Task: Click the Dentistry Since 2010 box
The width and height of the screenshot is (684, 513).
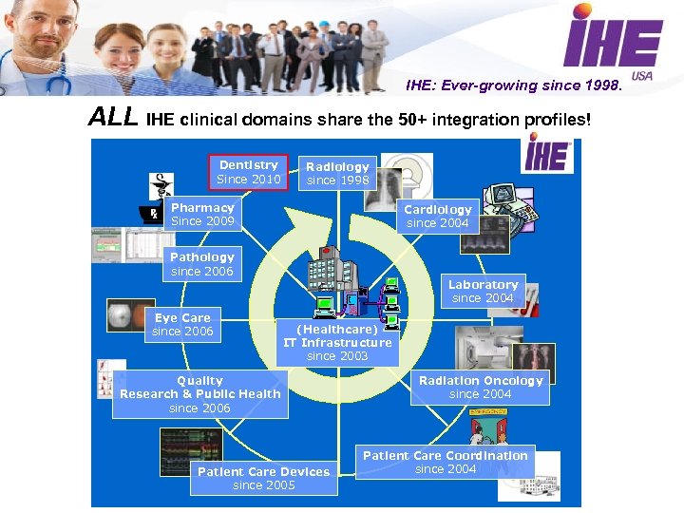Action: (x=248, y=172)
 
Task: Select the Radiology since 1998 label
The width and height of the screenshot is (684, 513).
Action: (x=337, y=173)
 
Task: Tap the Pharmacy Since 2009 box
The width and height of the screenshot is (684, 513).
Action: (x=202, y=214)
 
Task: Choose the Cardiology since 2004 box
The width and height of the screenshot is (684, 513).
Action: (x=437, y=216)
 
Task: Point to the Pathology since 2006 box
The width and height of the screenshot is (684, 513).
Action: (x=201, y=263)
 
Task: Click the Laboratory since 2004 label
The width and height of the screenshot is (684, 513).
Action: (x=483, y=291)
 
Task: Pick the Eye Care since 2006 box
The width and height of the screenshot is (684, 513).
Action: (x=182, y=324)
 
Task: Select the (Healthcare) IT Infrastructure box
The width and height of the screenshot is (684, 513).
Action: (x=337, y=342)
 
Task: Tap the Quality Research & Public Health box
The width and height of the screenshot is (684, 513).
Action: (x=199, y=393)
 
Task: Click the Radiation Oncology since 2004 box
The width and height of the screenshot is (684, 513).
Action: (x=480, y=387)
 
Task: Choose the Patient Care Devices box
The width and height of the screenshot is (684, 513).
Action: (x=263, y=478)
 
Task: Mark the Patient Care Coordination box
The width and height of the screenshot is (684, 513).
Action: (x=445, y=462)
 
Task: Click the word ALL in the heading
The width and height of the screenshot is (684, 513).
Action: (x=113, y=119)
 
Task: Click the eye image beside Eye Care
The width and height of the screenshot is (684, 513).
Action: (x=123, y=316)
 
